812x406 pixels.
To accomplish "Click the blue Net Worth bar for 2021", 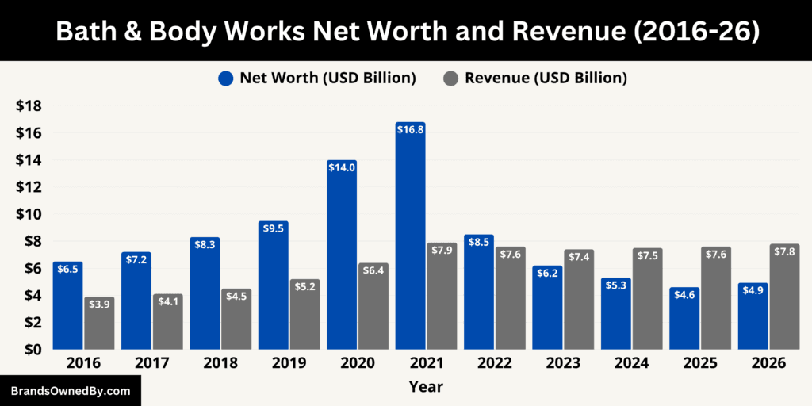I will [x=411, y=238].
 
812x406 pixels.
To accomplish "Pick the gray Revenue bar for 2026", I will [x=783, y=297].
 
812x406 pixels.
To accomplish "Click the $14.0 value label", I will [x=342, y=168].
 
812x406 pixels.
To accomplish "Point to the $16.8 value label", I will [x=411, y=130].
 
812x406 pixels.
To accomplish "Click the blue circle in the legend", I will [x=226, y=79].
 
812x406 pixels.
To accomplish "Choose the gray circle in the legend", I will [x=450, y=79].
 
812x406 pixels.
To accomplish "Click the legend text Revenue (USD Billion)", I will [x=546, y=79].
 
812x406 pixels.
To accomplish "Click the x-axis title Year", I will [x=426, y=387].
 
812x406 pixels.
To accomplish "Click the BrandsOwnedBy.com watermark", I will [x=71, y=391].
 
